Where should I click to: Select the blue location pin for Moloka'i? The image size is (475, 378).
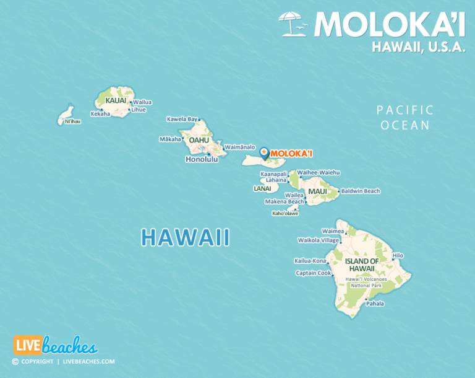coord(263,152)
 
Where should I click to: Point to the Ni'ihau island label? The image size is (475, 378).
coord(72,121)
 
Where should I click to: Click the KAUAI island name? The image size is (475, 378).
coord(116,100)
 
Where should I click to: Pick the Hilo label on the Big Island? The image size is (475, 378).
coord(398,255)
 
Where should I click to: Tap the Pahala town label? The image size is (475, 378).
coord(375,304)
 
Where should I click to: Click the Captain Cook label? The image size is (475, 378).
coord(314,273)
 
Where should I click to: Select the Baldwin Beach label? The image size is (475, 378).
coord(361,191)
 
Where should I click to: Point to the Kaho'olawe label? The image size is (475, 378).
coord(285,214)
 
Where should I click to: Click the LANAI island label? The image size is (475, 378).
coord(262,188)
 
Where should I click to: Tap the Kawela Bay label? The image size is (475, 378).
coord(182,119)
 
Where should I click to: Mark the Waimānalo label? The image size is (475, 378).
coord(240,147)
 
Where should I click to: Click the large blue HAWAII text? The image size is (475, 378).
coord(185,237)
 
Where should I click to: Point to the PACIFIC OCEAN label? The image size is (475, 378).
coord(405,118)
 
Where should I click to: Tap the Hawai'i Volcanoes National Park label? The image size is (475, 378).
coord(369,283)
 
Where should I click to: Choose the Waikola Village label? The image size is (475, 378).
coord(319,240)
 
